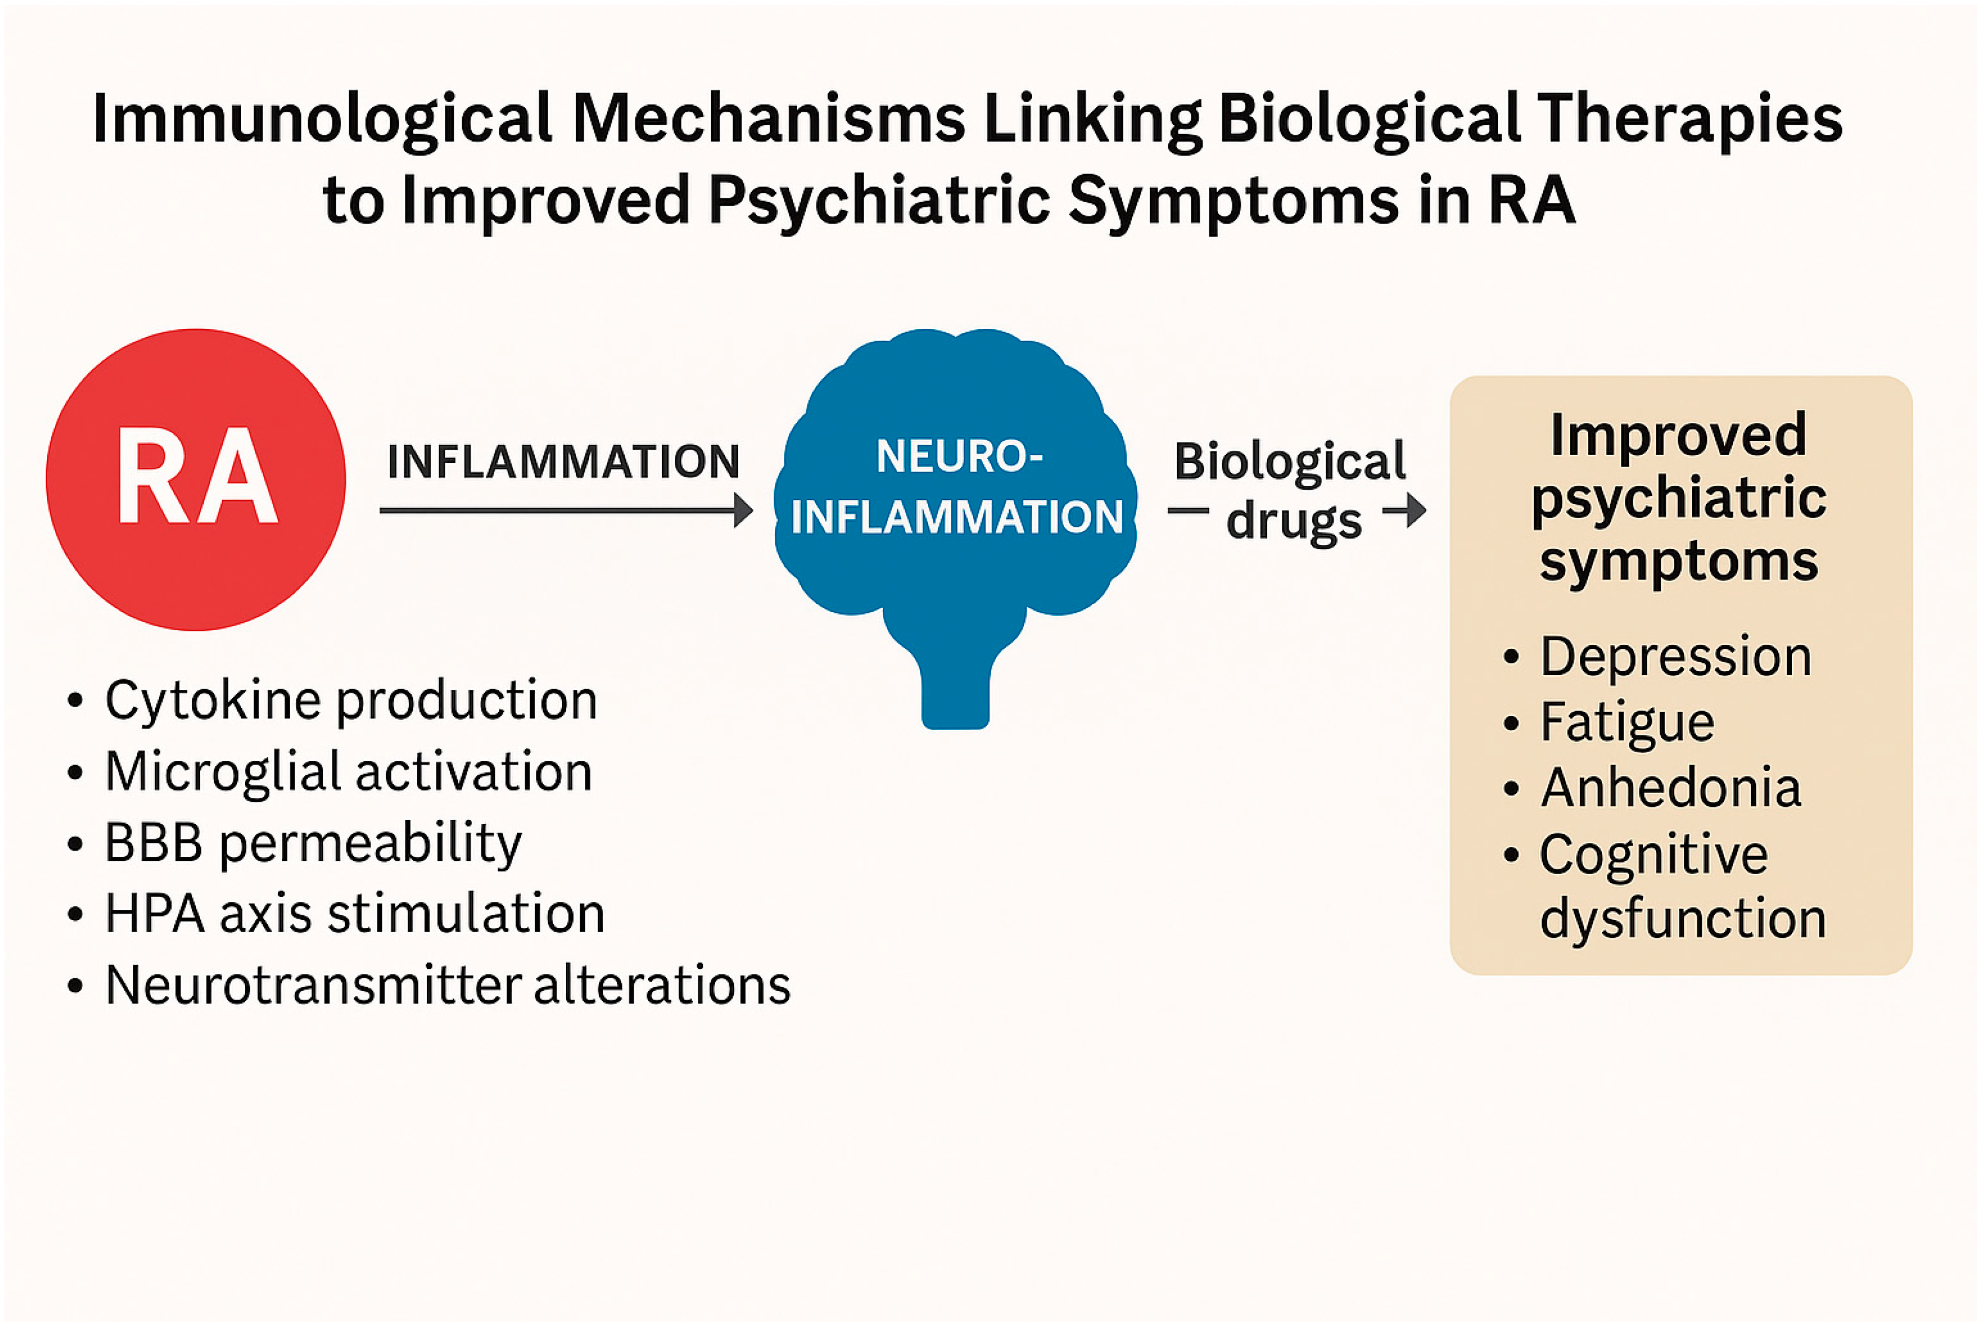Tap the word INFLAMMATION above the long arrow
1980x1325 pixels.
pyautogui.click(x=563, y=461)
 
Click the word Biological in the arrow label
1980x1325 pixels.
pyautogui.click(x=1289, y=463)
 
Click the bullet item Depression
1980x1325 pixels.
pyautogui.click(x=1675, y=657)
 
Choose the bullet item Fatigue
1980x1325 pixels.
pyautogui.click(x=1626, y=722)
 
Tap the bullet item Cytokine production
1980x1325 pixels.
pyautogui.click(x=351, y=701)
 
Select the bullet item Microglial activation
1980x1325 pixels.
pyautogui.click(x=348, y=772)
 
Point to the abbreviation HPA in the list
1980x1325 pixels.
pyautogui.click(x=154, y=914)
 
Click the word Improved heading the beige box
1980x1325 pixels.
pyautogui.click(x=1678, y=435)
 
